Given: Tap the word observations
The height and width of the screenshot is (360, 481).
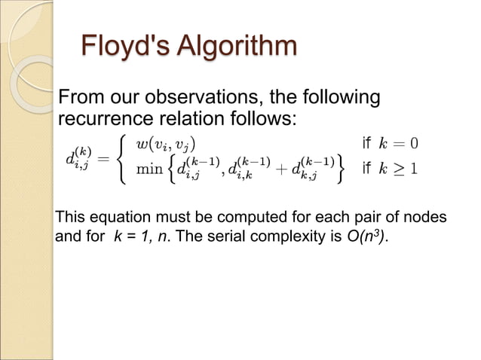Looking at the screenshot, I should tap(195, 99).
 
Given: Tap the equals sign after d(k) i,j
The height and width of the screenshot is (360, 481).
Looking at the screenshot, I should tap(103, 159).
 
